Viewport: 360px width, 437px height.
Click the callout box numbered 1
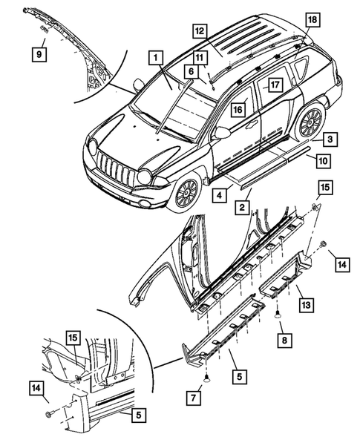[x=155, y=57]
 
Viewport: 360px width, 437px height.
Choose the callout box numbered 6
[x=191, y=70]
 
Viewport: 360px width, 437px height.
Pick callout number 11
[x=200, y=57]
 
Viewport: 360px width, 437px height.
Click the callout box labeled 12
[x=200, y=31]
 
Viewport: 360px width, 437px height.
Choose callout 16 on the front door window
[x=238, y=109]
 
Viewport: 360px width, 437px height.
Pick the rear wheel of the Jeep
[x=310, y=122]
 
